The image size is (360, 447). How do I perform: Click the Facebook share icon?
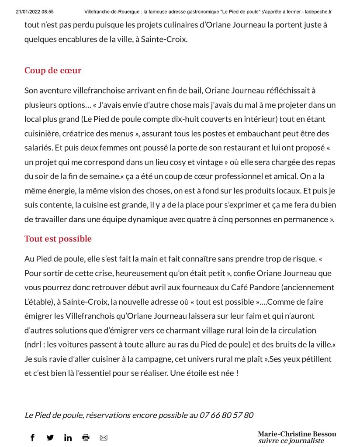pyautogui.click(x=32, y=437)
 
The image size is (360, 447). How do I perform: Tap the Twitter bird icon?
pyautogui.click(x=50, y=437)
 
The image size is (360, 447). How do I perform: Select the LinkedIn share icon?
pyautogui.click(x=68, y=437)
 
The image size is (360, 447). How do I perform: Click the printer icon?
pyautogui.click(x=86, y=437)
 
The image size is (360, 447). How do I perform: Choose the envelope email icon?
pyautogui.click(x=104, y=437)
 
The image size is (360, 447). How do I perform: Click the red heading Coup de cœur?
pyautogui.click(x=53, y=71)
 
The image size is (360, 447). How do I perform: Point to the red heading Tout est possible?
pyautogui.click(x=58, y=239)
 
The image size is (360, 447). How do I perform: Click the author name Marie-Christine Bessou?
pyautogui.click(x=297, y=434)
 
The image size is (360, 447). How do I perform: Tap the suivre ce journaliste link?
pyautogui.click(x=291, y=441)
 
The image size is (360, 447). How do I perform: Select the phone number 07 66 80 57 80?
pyautogui.click(x=226, y=415)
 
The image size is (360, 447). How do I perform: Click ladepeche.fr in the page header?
pyautogui.click(x=318, y=12)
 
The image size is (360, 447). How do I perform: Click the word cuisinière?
pyautogui.click(x=44, y=134)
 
